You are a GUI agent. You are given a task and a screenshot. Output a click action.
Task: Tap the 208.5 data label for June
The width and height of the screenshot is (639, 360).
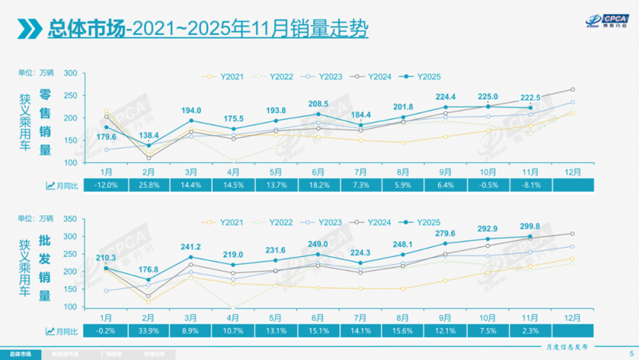pyautogui.click(x=317, y=104)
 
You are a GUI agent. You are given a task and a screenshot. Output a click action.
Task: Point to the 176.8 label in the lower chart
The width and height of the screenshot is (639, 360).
pyautogui.click(x=150, y=270)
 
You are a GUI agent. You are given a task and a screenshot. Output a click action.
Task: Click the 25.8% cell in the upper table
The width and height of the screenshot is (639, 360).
pyautogui.click(x=150, y=185)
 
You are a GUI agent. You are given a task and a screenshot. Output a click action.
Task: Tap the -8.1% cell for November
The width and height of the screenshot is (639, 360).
pyautogui.click(x=531, y=185)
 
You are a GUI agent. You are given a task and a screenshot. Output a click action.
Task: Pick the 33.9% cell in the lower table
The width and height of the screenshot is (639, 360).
pyautogui.click(x=150, y=331)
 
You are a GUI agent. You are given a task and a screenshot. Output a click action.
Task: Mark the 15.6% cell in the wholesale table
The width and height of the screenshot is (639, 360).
pyautogui.click(x=403, y=331)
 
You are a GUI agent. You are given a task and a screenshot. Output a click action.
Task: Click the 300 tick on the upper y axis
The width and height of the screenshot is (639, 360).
pyautogui.click(x=70, y=73)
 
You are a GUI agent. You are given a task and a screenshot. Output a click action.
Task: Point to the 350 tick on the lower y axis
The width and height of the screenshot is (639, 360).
pyautogui.click(x=70, y=219)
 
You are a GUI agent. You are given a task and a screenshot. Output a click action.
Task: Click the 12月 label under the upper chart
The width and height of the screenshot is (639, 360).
pyautogui.click(x=573, y=170)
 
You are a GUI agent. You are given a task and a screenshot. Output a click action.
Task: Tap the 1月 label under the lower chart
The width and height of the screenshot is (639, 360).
pyautogui.click(x=107, y=316)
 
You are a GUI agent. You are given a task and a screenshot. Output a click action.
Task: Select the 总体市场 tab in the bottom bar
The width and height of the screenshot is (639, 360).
pyautogui.click(x=23, y=352)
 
